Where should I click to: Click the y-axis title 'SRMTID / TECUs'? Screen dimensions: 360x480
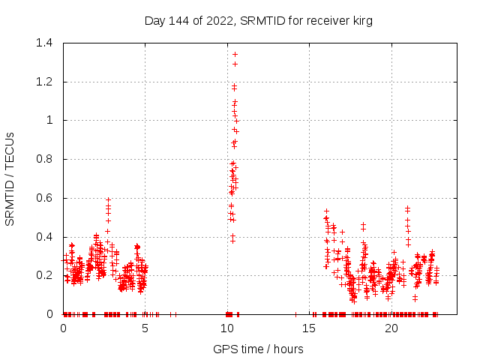click(x=10, y=178)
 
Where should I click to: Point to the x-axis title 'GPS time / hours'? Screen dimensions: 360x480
click(x=258, y=349)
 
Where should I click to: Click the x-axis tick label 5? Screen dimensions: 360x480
click(x=145, y=328)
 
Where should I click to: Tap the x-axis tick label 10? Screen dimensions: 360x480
click(x=227, y=328)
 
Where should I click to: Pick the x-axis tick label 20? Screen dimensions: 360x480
click(x=391, y=328)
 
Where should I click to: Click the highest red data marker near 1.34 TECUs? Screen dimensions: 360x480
click(x=235, y=54)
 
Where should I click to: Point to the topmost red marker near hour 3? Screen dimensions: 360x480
click(x=109, y=200)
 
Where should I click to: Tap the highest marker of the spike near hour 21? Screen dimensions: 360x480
click(x=408, y=208)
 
